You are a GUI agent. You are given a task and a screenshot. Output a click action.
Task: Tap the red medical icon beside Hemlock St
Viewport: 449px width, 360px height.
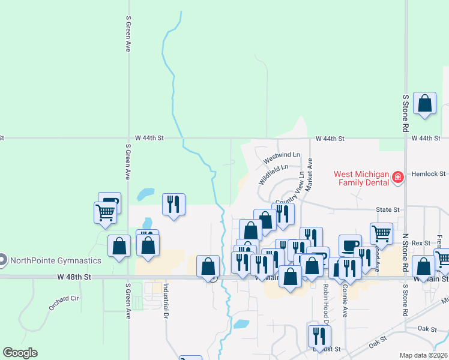[x=397, y=178]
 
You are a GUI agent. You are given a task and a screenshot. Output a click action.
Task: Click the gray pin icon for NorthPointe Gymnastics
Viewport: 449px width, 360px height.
[x=2, y=260]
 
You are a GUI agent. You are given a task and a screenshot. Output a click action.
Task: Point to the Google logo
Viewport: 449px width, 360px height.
[x=20, y=353]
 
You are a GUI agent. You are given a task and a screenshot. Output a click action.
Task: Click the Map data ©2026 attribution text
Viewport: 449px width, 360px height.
[x=424, y=355]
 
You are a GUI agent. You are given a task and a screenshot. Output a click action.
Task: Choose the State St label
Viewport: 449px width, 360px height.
[x=387, y=209]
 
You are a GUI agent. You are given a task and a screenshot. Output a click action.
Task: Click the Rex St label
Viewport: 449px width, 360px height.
[x=421, y=243]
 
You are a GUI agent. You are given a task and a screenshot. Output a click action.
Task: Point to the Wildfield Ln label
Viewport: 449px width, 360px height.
[x=273, y=175]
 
